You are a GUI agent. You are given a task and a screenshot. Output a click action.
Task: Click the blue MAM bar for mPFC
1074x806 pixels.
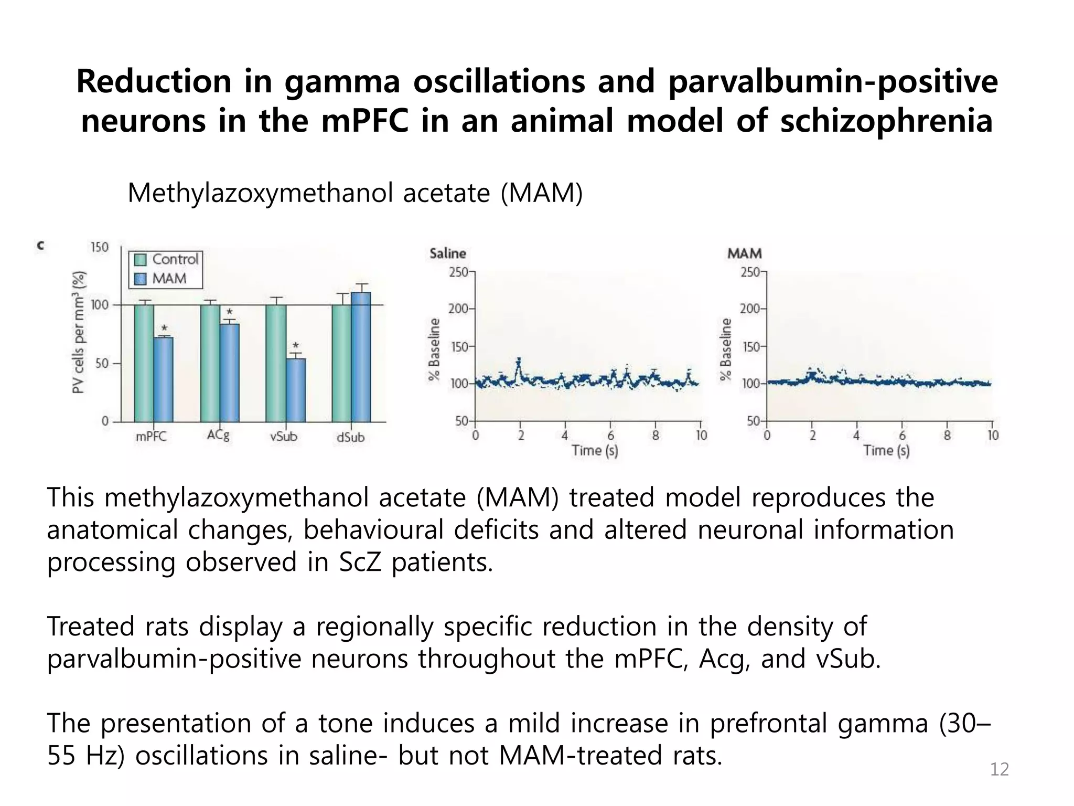pyautogui.click(x=163, y=379)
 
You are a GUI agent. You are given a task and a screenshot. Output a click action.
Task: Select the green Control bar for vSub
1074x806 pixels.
pyautogui.click(x=276, y=363)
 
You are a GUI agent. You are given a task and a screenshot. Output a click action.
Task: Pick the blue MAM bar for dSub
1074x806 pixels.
pyautogui.click(x=361, y=357)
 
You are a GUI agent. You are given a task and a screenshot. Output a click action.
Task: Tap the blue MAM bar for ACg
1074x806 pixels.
pyautogui.click(x=229, y=373)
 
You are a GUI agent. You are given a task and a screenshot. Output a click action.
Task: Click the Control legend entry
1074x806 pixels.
pyautogui.click(x=167, y=259)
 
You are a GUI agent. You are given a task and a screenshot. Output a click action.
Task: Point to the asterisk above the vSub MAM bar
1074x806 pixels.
pyautogui.click(x=296, y=346)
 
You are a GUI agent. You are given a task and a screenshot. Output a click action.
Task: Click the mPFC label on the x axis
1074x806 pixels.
pyautogui.click(x=151, y=437)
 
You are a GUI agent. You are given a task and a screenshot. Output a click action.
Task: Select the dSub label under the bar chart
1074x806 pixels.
pyautogui.click(x=350, y=437)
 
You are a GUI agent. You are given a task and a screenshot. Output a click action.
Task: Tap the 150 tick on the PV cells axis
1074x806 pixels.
pyautogui.click(x=100, y=247)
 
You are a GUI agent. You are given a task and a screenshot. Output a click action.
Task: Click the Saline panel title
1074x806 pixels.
pyautogui.click(x=447, y=253)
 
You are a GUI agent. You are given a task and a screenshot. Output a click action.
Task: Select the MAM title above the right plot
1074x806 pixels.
pyautogui.click(x=744, y=253)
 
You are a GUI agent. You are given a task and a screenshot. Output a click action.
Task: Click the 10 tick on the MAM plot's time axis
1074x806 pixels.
pyautogui.click(x=993, y=436)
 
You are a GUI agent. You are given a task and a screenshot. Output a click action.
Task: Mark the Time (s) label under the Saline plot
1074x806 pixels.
pyautogui.click(x=595, y=451)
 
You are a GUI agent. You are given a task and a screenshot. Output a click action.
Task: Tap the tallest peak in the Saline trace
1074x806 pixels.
pyautogui.click(x=519, y=360)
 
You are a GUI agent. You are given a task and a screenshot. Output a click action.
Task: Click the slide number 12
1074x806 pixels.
pyautogui.click(x=999, y=769)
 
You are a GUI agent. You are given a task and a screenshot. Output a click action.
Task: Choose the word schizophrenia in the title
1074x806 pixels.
pyautogui.click(x=886, y=121)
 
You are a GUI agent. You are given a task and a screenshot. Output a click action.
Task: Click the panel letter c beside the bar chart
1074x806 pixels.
pyautogui.click(x=40, y=245)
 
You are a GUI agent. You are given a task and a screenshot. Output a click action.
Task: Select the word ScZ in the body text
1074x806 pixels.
pyautogui.click(x=361, y=562)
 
